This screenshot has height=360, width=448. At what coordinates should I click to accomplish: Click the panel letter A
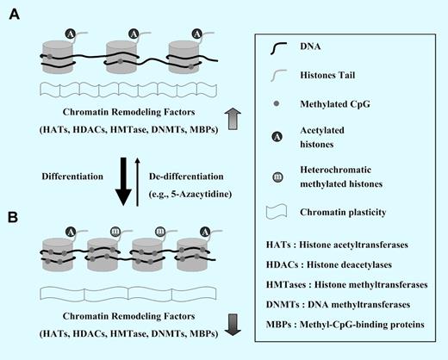pyautogui.click(x=15, y=16)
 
